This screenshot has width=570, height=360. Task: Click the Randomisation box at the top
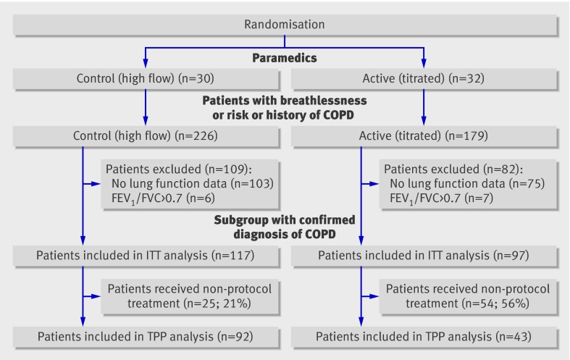click(285, 25)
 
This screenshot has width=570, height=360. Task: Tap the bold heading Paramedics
click(285, 58)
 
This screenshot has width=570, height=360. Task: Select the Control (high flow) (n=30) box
click(146, 78)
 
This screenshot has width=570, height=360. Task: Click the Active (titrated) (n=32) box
click(424, 78)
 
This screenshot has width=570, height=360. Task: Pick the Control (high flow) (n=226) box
click(146, 136)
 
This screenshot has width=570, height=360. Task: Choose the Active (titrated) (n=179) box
click(424, 136)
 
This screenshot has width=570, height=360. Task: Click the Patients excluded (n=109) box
click(190, 184)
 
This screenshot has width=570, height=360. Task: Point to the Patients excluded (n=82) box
click(468, 184)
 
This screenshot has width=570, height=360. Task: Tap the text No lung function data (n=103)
click(193, 184)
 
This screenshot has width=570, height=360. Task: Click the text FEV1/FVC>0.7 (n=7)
click(441, 198)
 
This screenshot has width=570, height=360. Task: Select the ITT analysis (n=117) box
click(146, 256)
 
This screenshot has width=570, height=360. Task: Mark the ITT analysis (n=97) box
click(424, 256)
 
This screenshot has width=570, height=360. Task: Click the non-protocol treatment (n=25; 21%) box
click(190, 296)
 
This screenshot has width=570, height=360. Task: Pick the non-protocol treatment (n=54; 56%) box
click(468, 296)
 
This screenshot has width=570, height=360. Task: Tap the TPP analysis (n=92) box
click(146, 337)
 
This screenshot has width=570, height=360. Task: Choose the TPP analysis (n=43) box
click(424, 337)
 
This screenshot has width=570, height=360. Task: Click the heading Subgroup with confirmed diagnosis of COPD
click(285, 227)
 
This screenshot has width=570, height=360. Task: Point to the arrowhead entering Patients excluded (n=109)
click(96, 184)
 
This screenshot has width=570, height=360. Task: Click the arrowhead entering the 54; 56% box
click(374, 296)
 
